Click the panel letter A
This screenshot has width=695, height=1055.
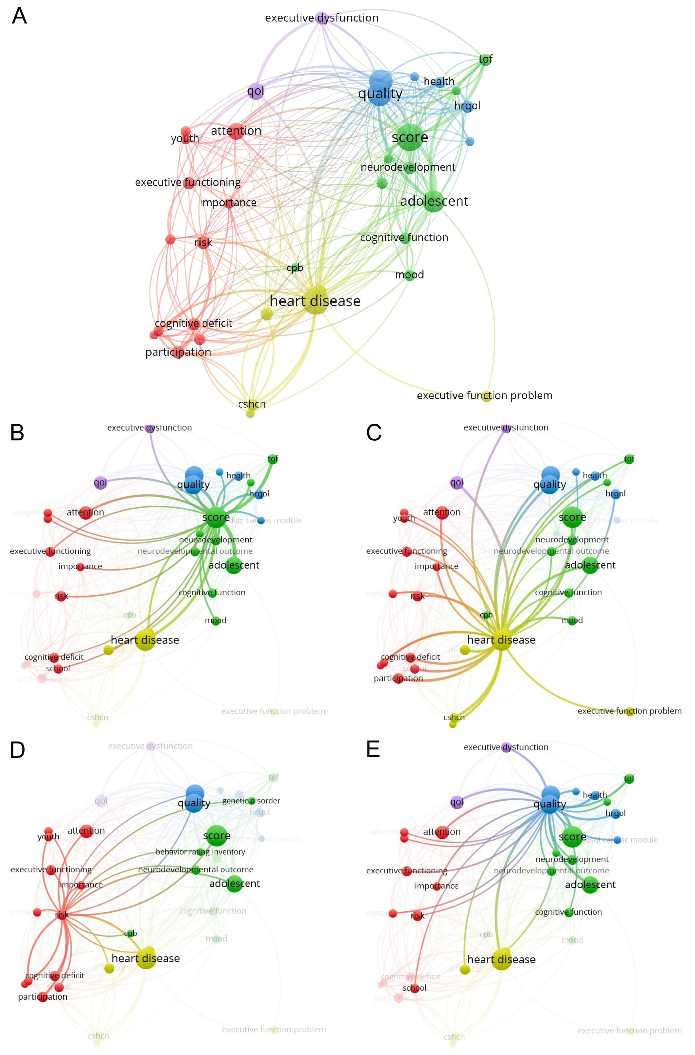pos(20,16)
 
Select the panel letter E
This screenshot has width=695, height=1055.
pos(373,749)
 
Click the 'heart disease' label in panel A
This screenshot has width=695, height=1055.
pos(315,301)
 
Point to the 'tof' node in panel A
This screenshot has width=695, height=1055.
pos(485,60)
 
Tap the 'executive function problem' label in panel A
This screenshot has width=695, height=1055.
pos(484,395)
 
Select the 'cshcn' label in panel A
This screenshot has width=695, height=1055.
pos(252,404)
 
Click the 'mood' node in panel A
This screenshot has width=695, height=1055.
pos(409,275)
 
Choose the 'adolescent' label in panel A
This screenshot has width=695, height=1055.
pos(434,201)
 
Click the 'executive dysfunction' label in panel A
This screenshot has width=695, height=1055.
pos(321,18)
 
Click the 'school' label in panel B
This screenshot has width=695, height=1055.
pos(58,668)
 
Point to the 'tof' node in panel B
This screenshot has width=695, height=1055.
pos(273,459)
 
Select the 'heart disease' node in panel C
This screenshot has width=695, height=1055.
pos(502,640)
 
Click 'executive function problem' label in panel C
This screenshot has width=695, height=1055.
pos(629,711)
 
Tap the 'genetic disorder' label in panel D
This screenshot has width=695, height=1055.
pos(251,801)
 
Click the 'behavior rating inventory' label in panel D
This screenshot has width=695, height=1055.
pos(200,852)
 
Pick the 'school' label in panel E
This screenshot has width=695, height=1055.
pos(414,988)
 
